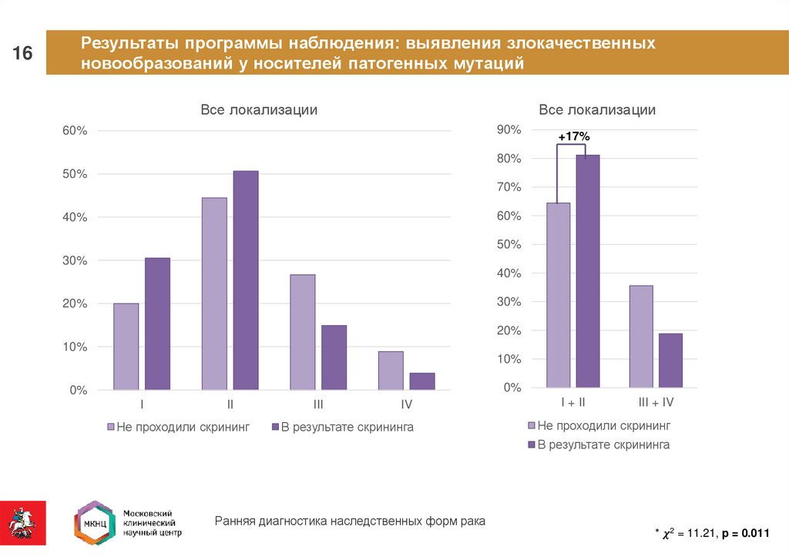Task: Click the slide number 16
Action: (22, 53)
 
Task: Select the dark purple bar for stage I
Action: (157, 324)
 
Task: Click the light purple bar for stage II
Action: (214, 294)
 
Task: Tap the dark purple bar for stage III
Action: (334, 357)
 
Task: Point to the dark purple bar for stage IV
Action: (421, 381)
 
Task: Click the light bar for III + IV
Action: (641, 337)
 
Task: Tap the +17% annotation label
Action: (574, 136)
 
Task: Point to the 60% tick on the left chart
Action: (75, 131)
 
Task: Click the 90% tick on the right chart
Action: (510, 130)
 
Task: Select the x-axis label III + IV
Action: (656, 403)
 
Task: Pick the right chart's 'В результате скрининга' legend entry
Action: (598, 445)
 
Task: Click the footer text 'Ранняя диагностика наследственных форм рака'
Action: (350, 522)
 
